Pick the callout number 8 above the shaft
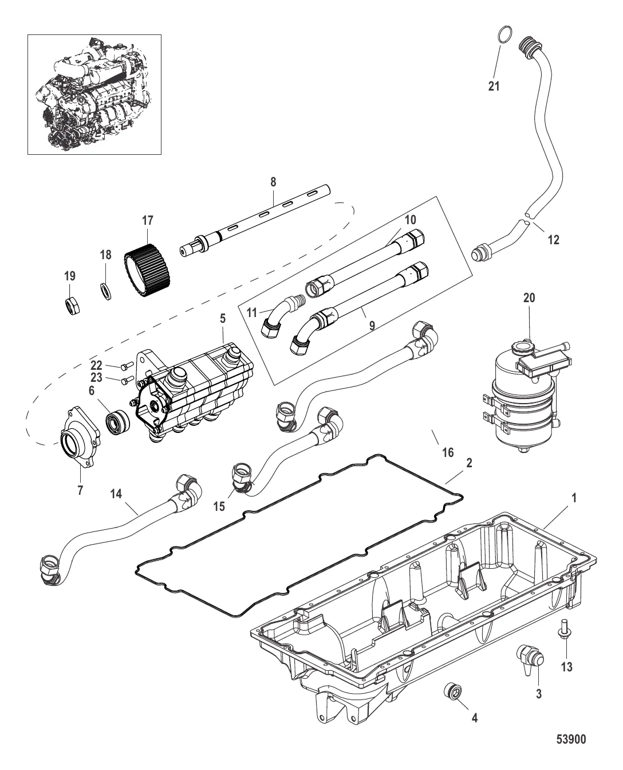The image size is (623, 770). point(273,182)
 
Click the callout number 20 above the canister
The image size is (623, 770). point(529,298)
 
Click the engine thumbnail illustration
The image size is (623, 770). point(94,95)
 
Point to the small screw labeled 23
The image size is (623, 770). point(128,380)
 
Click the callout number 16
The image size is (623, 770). point(448,452)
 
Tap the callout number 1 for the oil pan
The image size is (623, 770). point(574,498)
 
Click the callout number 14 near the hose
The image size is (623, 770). point(116,494)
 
